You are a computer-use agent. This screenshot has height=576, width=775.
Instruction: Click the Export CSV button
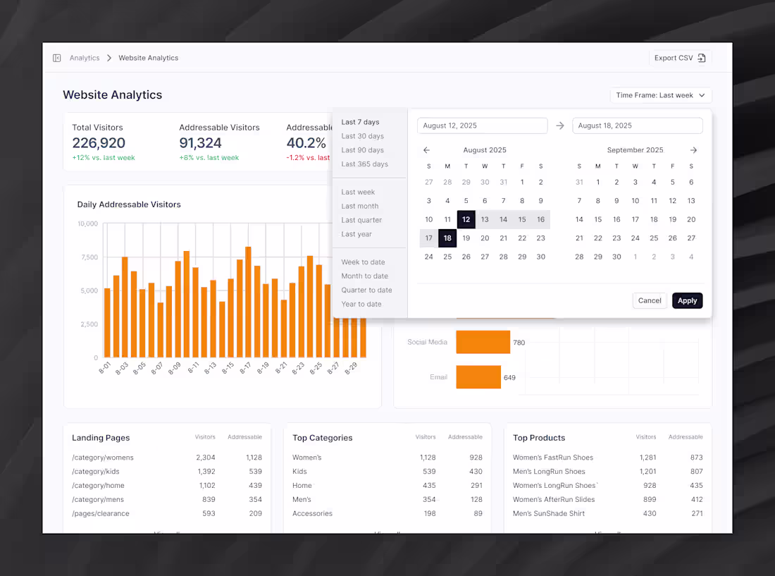[680, 58]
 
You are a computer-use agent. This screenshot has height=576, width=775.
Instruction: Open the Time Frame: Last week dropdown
[660, 95]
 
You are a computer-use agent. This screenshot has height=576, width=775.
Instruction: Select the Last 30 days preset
[362, 136]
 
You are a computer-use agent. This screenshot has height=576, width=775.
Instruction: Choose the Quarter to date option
[366, 290]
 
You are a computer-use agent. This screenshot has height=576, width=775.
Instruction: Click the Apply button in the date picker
[687, 300]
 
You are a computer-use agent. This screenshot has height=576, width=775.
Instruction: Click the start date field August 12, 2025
[482, 125]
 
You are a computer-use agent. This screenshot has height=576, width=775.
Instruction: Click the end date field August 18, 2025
[637, 125]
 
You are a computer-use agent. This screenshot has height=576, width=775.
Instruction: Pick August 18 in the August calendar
[447, 238]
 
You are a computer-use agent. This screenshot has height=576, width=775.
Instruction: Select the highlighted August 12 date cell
[466, 219]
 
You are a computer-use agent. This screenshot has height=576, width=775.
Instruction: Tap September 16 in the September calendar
[616, 219]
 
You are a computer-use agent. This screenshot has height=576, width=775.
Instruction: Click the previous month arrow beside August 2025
[426, 150]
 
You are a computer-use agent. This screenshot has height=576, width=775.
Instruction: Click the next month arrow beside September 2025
[693, 150]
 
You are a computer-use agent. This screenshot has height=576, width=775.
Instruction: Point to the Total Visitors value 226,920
[99, 143]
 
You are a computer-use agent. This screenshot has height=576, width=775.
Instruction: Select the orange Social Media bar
[483, 342]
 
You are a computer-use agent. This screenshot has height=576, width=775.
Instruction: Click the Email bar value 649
[509, 377]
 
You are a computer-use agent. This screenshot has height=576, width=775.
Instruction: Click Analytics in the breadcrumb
[85, 58]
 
